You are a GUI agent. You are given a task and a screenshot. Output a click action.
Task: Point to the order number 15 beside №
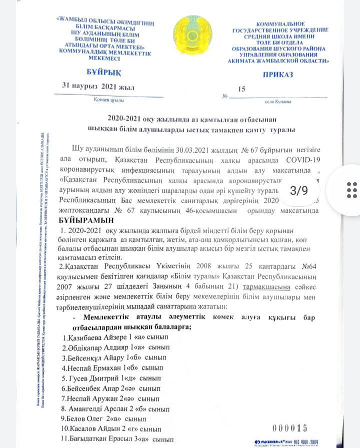click(242, 89)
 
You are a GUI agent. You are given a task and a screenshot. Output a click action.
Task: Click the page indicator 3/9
click(298, 190)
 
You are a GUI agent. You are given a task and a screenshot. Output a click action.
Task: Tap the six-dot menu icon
click(352, 190)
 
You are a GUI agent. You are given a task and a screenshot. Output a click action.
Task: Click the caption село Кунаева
click(278, 102)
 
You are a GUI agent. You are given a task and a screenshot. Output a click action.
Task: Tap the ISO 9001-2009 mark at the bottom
click(303, 442)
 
